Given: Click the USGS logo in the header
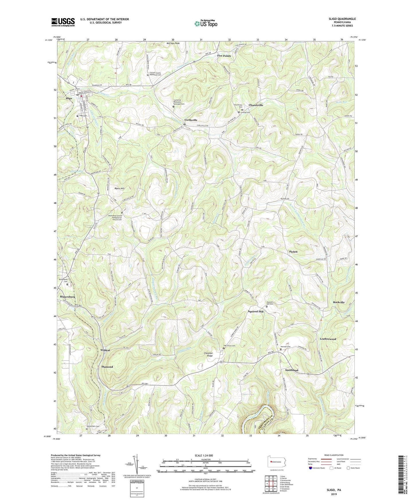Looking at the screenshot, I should (63, 22).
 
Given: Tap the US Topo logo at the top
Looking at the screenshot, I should (205, 23).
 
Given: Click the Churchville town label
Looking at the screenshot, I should (256, 105).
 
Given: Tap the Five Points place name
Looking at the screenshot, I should (224, 56).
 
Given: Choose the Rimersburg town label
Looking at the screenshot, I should (68, 297).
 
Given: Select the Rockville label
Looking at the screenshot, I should (339, 302).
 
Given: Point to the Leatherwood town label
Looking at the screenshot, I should (328, 339).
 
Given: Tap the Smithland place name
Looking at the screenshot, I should (292, 370).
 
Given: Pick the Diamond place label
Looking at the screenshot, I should (107, 367).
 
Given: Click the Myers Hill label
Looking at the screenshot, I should (119, 188).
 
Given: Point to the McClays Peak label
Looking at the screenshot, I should (173, 44).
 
